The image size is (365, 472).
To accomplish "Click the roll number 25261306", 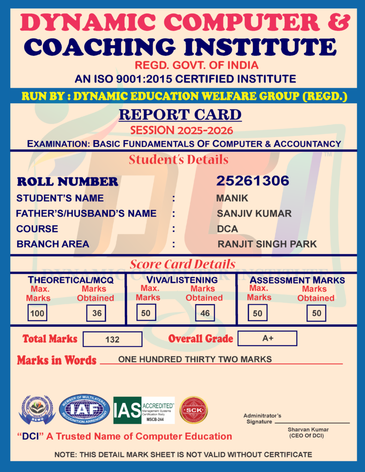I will [252, 181].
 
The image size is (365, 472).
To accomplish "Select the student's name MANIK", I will [232, 198].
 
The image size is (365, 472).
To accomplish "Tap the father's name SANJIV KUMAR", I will [254, 213].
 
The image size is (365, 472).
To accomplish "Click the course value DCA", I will [227, 229].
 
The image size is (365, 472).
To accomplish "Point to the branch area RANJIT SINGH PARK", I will [267, 244].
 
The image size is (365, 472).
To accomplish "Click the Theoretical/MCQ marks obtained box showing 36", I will [96, 313].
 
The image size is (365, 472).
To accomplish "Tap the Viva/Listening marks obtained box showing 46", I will [205, 313].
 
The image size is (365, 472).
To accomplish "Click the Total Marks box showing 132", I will [112, 339].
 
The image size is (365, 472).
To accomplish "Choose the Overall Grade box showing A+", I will [268, 338].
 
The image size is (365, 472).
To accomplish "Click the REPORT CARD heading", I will [180, 114].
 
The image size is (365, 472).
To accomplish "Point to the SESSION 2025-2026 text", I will [181, 130].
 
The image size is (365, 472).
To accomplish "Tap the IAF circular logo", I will [84, 409].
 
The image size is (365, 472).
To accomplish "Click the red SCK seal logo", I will [193, 410].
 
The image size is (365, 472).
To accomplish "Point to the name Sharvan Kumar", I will [308, 430].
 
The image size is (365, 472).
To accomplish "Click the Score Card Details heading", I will [183, 264].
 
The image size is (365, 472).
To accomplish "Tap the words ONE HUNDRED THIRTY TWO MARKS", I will [195, 359].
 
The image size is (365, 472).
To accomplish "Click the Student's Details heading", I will [179, 159].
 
